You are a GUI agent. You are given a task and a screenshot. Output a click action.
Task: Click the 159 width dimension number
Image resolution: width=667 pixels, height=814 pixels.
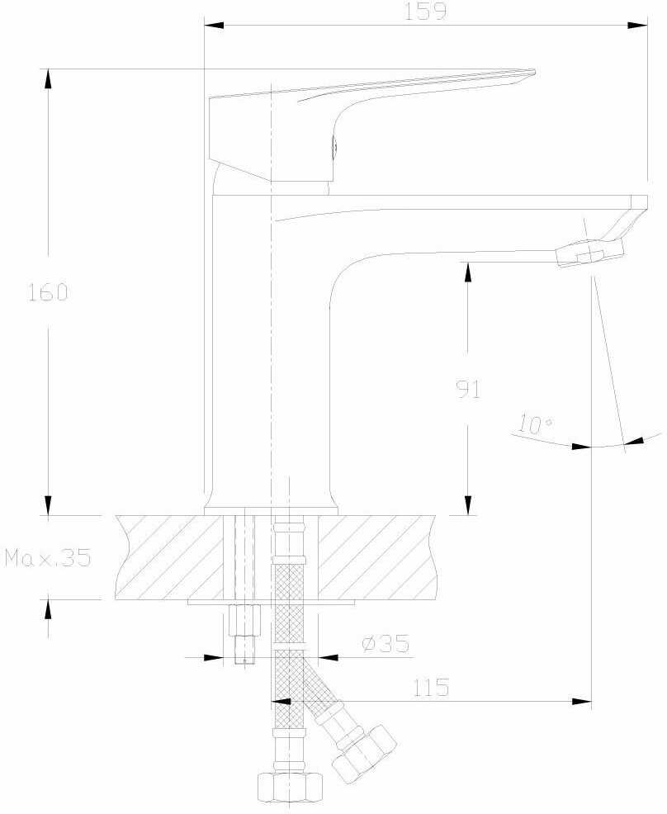425,11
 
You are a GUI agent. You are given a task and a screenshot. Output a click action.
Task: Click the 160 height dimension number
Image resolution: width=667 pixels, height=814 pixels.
48,292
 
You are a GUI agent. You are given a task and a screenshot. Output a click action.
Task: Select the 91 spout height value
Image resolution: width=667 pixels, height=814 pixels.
468,389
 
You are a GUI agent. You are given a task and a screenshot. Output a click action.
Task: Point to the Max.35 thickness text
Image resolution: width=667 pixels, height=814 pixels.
48,557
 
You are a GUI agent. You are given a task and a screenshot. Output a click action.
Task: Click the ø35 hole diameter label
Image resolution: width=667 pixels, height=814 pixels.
386,644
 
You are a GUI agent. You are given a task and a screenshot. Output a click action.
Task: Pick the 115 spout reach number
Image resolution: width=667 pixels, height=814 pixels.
430,688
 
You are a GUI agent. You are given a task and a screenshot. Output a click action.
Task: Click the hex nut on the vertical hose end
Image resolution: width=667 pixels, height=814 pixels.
290,787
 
